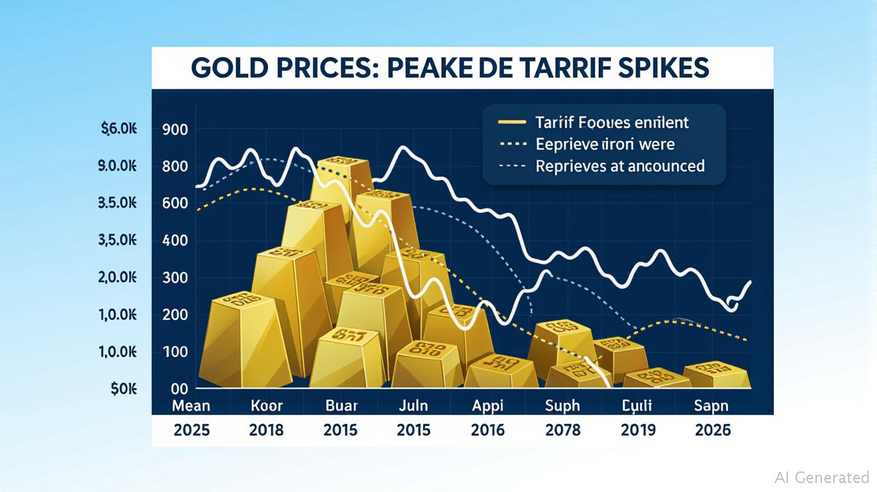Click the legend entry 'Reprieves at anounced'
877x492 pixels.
(x=619, y=166)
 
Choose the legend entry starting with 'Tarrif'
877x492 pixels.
(x=612, y=122)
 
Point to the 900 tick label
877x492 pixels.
(x=175, y=129)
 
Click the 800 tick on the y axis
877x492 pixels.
(x=175, y=167)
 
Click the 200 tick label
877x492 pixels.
(x=175, y=315)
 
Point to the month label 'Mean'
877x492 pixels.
(x=191, y=406)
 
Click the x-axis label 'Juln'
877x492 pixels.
(x=413, y=406)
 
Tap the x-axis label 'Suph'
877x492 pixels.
(x=562, y=406)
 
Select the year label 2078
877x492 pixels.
(x=562, y=430)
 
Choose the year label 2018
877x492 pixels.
(x=266, y=430)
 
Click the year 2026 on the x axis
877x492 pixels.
(x=713, y=430)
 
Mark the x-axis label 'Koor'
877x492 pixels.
(x=266, y=406)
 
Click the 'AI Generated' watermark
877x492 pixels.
(x=822, y=477)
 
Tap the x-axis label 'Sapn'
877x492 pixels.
(x=711, y=406)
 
